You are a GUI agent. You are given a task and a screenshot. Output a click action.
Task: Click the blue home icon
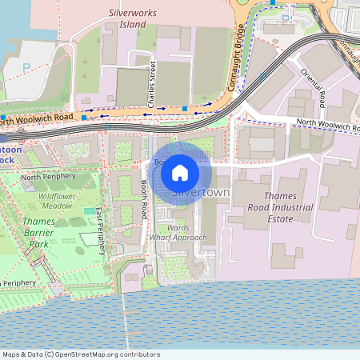coord(180,172)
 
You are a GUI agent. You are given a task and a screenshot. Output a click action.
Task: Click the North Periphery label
coord(48,177)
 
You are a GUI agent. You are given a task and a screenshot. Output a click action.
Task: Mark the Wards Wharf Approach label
coord(186,232)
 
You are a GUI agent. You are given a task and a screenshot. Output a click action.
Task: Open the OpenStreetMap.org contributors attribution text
coord(104,354)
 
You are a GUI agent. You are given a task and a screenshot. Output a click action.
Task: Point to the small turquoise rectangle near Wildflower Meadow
coord(88,211)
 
